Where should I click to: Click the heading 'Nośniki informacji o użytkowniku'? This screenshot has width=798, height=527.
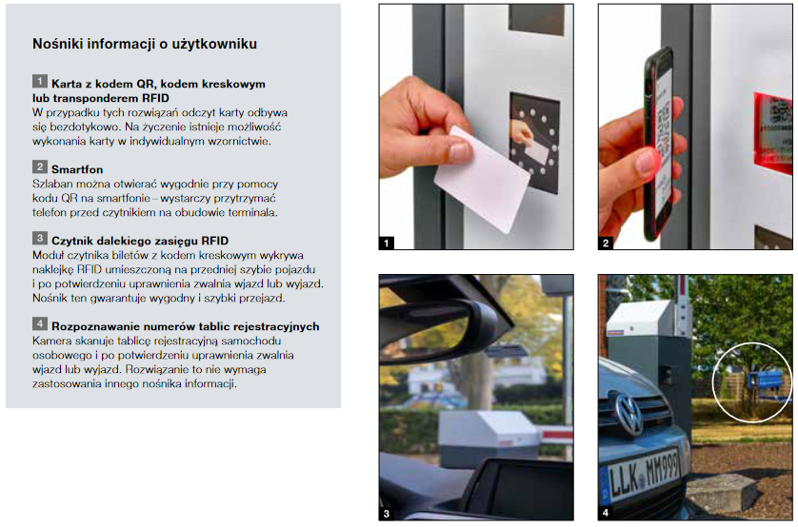point(145,44)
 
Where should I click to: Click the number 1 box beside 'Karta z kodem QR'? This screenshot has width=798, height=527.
point(39,83)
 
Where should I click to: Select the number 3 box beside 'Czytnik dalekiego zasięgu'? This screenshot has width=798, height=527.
point(39,238)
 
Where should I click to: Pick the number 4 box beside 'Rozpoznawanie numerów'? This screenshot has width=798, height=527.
point(39,325)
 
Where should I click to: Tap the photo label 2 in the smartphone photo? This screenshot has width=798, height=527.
point(607,243)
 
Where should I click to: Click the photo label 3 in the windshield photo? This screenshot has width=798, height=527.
point(387,514)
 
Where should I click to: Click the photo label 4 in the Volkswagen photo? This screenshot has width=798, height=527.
point(607,514)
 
